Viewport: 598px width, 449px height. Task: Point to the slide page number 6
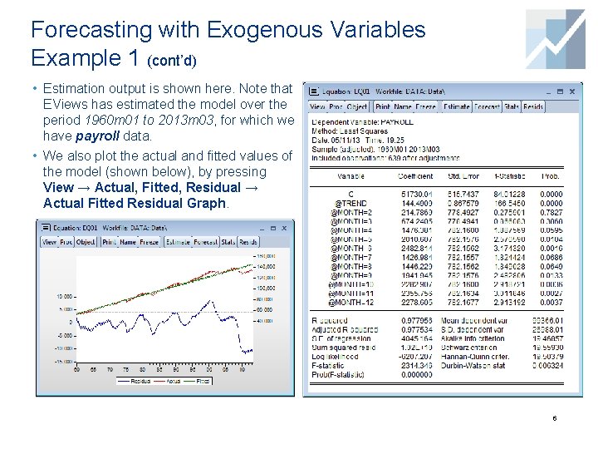pyautogui.click(x=554, y=418)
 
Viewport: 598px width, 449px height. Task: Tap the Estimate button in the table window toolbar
pyautogui.click(x=456, y=106)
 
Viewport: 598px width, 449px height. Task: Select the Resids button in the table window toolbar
pyautogui.click(x=533, y=106)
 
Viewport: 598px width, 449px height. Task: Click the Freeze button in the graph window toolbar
pyautogui.click(x=149, y=242)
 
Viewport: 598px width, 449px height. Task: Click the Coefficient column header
pyautogui.click(x=414, y=176)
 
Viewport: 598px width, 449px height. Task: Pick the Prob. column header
pyautogui.click(x=550, y=176)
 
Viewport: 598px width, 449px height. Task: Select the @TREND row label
pyautogui.click(x=350, y=203)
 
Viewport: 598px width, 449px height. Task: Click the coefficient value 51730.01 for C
pyautogui.click(x=415, y=194)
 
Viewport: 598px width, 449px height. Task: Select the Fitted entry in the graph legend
pyautogui.click(x=203, y=381)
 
